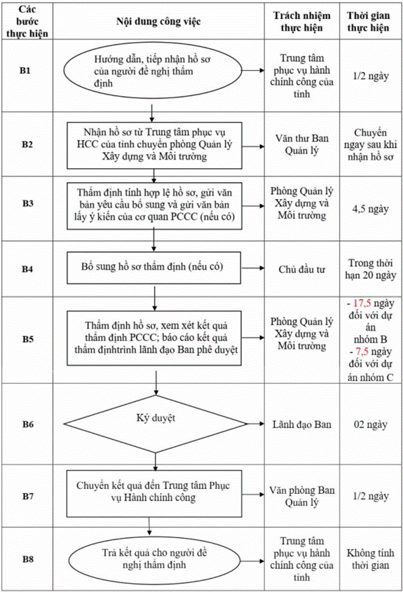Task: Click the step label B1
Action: pos(25,71)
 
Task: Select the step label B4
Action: pos(27,269)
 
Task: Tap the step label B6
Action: pos(28,425)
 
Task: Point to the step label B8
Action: pos(28,559)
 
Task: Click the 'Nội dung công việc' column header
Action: pos(158,22)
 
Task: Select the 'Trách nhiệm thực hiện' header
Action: pos(302,22)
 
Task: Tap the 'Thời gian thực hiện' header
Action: pos(368,22)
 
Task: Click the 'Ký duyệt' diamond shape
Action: pos(156,424)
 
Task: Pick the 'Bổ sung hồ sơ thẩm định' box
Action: pos(154,268)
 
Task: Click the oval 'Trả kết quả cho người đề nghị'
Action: pos(154,559)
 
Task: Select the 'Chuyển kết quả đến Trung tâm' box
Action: pos(154,493)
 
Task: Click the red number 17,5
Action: pos(362,303)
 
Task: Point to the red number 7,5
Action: pos(362,352)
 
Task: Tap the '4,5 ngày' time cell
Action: pos(371,209)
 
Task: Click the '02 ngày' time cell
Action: pos(371,425)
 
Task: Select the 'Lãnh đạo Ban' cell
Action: pos(302,425)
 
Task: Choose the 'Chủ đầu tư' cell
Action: pos(302,270)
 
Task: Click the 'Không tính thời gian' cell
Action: pos(371,559)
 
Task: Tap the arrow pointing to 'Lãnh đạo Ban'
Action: pos(256,424)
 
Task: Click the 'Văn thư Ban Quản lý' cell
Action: pos(302,144)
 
